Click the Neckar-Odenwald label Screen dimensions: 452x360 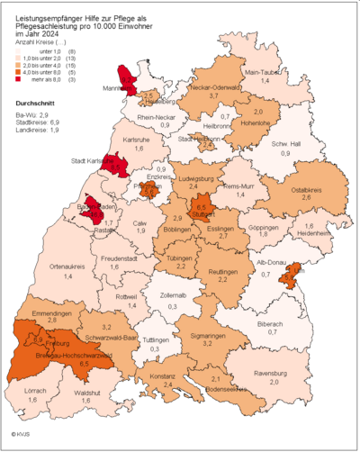click(213, 86)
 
